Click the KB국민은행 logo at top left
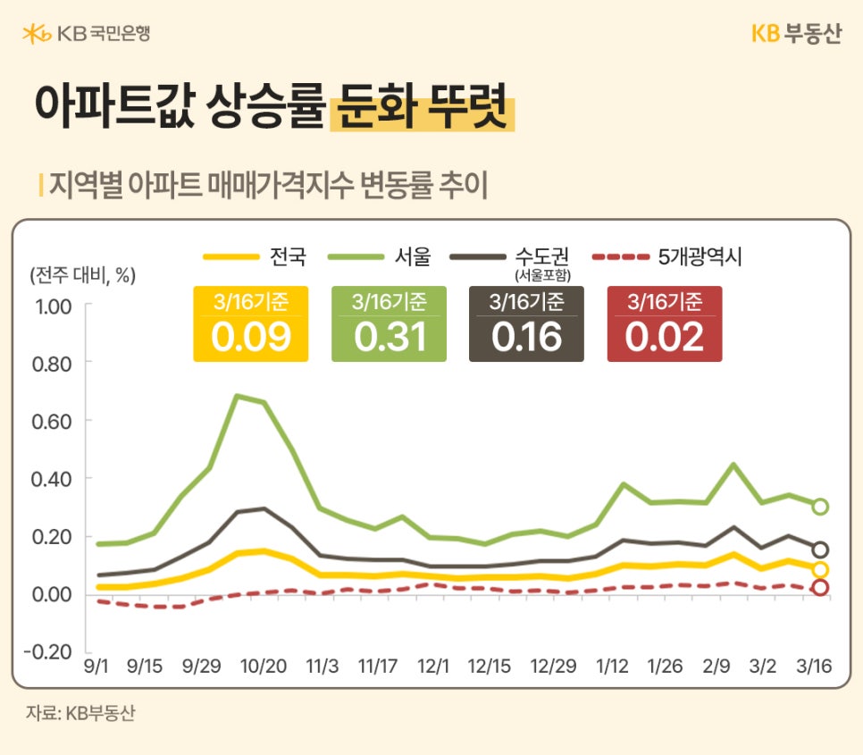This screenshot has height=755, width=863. [x=87, y=34]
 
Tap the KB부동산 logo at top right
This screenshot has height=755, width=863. [x=795, y=34]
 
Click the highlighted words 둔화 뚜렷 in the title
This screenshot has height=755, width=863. [x=422, y=107]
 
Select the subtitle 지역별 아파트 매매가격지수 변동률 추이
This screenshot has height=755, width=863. [x=268, y=185]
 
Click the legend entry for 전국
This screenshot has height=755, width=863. [x=256, y=257]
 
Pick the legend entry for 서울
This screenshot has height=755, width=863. [x=381, y=257]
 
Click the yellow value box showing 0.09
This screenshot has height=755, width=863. [x=251, y=324]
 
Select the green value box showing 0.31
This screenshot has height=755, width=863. [x=389, y=324]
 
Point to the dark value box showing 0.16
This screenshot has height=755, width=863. [x=526, y=324]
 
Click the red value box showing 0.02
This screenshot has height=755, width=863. [x=665, y=324]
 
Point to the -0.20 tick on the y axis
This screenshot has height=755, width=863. [x=51, y=652]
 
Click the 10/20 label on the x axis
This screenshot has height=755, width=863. [x=263, y=667]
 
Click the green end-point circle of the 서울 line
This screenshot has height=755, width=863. [x=820, y=507]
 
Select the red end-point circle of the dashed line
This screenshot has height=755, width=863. [x=820, y=587]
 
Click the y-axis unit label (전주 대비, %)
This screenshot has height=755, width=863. [x=82, y=275]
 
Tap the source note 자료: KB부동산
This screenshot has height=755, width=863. [x=80, y=715]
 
